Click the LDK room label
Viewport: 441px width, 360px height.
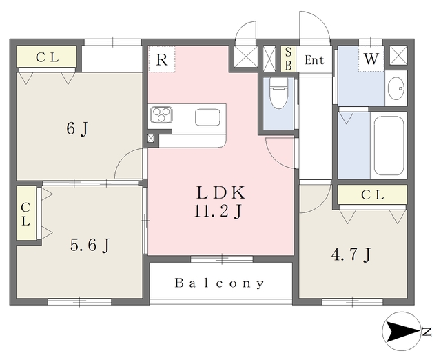[220, 192]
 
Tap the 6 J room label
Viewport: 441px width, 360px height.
[77, 129]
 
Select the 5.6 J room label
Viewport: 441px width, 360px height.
[90, 245]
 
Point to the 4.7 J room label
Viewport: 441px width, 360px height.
[351, 255]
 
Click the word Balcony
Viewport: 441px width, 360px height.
[219, 283]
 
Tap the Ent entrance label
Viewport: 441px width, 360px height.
[314, 60]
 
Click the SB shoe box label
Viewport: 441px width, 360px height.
[288, 59]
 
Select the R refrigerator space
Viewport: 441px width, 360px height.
[162, 59]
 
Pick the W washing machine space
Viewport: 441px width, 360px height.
[371, 59]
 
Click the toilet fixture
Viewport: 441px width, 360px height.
[278, 92]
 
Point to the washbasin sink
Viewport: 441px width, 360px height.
[396, 88]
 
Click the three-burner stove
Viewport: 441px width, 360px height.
[161, 115]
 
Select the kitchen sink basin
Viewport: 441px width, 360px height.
[207, 117]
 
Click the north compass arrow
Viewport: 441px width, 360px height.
[402, 331]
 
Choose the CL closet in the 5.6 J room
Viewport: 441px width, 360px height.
[26, 213]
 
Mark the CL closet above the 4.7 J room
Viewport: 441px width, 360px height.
[372, 194]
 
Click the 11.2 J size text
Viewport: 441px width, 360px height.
[218, 211]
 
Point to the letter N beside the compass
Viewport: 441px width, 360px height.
[427, 332]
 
